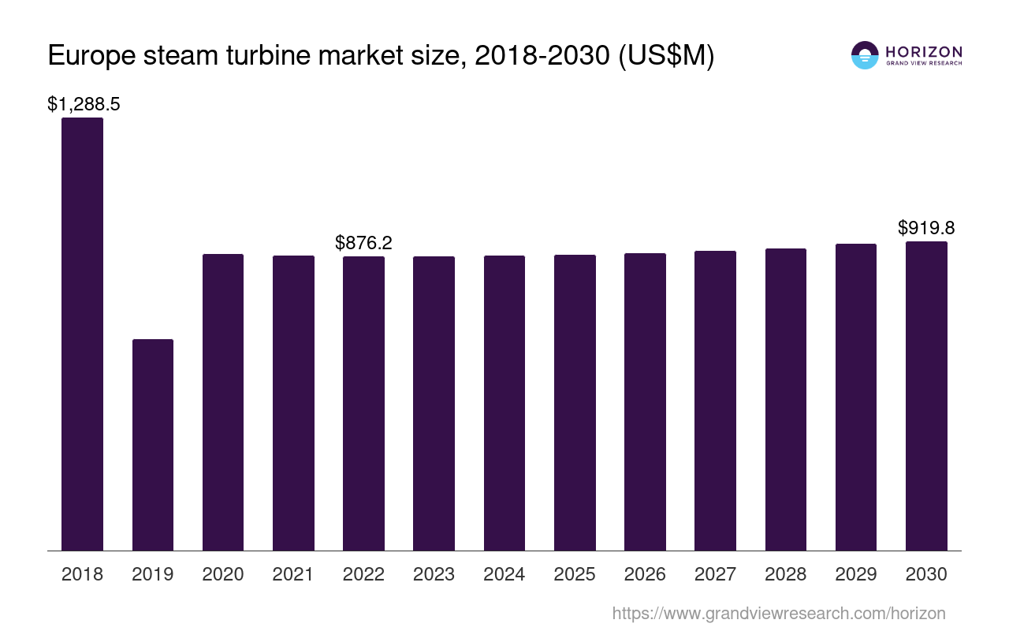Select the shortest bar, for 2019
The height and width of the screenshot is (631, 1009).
pos(153,445)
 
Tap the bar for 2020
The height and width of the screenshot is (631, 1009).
pos(223,402)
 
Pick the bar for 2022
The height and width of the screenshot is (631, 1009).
pos(363,403)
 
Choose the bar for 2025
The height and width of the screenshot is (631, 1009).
pos(575,402)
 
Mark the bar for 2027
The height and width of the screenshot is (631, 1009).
pos(715,401)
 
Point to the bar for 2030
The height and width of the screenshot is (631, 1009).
pos(926,396)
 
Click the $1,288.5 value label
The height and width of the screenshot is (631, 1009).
pos(84,104)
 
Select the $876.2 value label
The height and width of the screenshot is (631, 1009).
pos(363,242)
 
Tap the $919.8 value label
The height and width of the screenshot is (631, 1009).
pos(926,228)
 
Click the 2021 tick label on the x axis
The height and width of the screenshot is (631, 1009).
pos(293,574)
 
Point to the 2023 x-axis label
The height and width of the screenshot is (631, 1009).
pos(434,574)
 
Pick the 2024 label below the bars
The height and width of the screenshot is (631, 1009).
pos(504,574)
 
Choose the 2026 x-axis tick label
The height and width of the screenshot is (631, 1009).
pos(645,574)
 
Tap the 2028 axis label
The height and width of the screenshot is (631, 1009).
pos(785,574)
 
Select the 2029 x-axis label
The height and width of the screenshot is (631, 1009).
pos(856,574)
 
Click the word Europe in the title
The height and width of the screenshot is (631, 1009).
pos(89,57)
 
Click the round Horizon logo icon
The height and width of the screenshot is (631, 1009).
pos(865,55)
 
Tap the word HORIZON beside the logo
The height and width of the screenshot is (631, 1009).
pos(924,51)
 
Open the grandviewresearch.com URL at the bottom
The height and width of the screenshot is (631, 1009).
pos(779,613)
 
